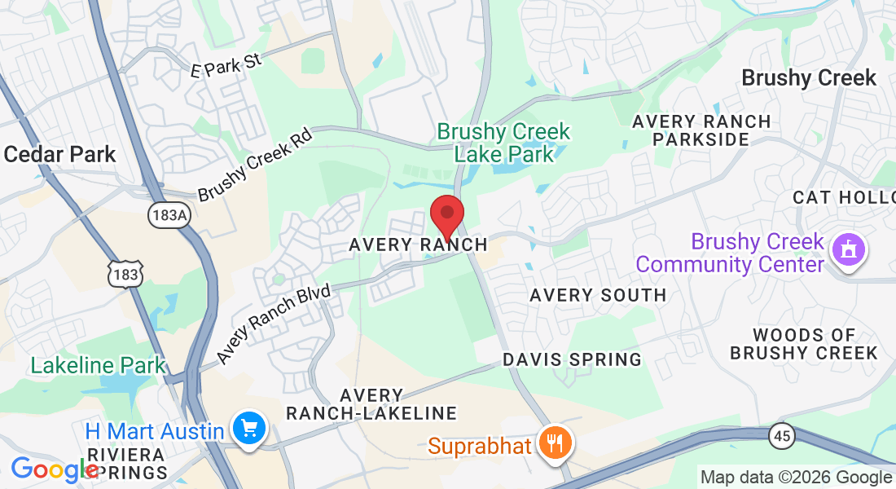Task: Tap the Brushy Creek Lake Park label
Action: coord(503,142)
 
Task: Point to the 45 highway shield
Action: coord(782,437)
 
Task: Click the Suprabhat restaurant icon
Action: coord(556,444)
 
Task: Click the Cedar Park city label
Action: coord(59,154)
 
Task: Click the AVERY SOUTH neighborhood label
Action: coord(598,295)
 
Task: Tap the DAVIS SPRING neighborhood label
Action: coord(572,359)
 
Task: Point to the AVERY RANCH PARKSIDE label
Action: coord(701,130)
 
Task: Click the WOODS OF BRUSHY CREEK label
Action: coord(803,344)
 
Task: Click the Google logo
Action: coord(54,469)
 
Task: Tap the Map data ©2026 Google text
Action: coord(796,478)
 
